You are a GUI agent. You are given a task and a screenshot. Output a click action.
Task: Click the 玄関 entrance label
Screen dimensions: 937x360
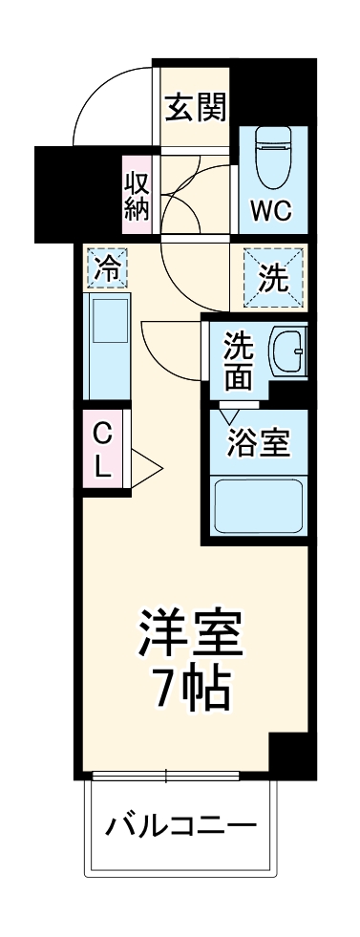(x=196, y=108)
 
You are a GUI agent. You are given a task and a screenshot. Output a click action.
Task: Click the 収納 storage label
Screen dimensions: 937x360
(x=137, y=195)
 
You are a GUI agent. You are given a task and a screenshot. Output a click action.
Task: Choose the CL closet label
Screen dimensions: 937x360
(x=102, y=450)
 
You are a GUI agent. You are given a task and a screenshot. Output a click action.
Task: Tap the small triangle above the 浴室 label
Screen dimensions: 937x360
(x=228, y=416)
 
